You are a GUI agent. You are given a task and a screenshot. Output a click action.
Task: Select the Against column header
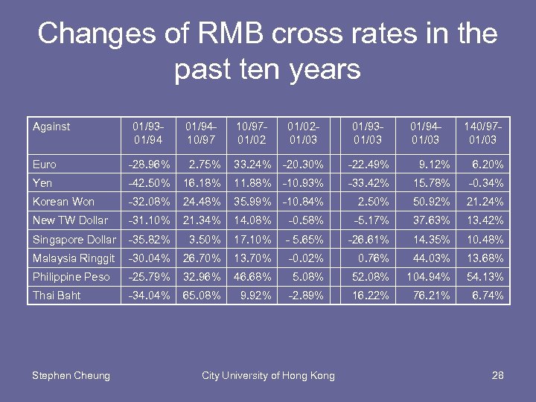[51, 127]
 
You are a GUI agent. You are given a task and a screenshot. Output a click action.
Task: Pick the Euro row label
[45, 165]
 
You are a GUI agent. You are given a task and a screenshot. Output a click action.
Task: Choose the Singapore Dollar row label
[74, 240]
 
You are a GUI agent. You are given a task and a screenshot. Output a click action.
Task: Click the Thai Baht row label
[56, 296]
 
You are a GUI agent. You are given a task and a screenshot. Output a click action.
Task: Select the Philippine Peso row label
[71, 277]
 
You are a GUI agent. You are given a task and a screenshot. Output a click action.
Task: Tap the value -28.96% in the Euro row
[149, 165]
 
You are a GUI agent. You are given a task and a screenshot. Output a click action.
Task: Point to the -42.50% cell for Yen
[149, 183]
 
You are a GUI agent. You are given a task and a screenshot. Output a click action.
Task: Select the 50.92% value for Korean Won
[429, 202]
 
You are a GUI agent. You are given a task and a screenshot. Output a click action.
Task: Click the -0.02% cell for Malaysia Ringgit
[307, 258]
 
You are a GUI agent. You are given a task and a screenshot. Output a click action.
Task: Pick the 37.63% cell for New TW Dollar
[429, 220]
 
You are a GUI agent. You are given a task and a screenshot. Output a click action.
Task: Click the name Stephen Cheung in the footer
[71, 376]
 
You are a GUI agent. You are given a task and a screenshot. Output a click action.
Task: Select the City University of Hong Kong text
[268, 376]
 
